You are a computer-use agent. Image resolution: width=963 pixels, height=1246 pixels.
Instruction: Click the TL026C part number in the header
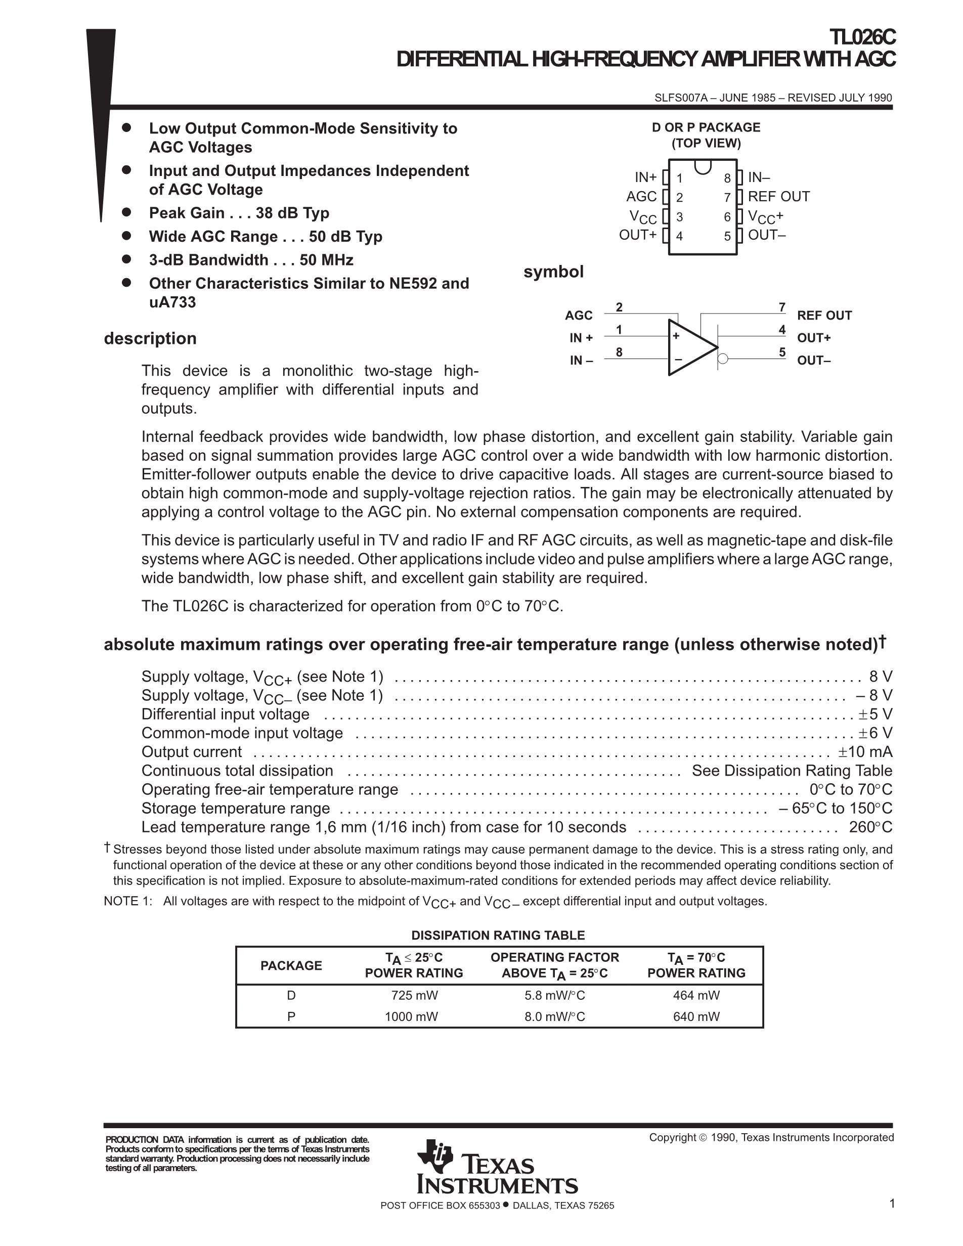[x=862, y=37]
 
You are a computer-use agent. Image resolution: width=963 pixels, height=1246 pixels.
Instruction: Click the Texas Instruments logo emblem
[x=435, y=1156]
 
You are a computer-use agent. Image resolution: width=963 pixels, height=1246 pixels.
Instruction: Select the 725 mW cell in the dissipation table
[x=414, y=996]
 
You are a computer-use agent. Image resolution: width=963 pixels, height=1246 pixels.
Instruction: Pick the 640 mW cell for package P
[x=696, y=1016]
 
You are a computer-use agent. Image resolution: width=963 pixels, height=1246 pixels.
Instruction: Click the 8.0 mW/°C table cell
[x=554, y=1016]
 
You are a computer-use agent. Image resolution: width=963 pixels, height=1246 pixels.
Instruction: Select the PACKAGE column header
[x=291, y=965]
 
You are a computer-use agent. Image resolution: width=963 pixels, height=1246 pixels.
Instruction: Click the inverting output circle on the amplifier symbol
[x=723, y=359]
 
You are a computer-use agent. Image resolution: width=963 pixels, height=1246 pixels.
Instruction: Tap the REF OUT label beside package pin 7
[x=778, y=197]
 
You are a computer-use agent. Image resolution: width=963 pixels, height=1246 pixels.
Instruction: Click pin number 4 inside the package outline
[x=679, y=236]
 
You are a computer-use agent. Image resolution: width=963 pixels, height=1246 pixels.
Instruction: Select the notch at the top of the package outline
[x=703, y=166]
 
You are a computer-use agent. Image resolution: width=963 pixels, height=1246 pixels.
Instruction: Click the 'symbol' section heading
[x=553, y=272]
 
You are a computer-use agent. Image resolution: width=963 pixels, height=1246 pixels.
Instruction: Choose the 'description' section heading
[x=150, y=338]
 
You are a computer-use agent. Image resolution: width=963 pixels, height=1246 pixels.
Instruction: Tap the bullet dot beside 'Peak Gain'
[x=126, y=212]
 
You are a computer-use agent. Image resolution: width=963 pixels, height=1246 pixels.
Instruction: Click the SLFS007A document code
[x=681, y=98]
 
